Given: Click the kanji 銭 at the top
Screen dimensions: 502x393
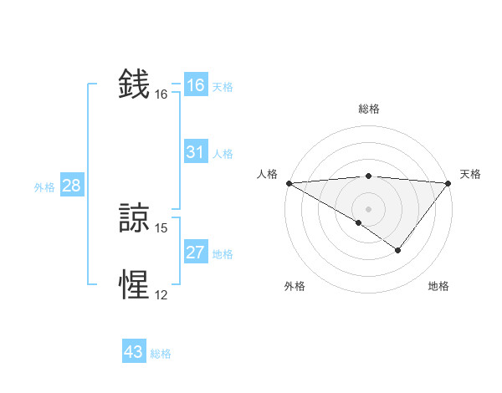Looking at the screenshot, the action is (135, 85).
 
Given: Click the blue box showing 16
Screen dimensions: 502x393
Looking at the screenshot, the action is (196, 85).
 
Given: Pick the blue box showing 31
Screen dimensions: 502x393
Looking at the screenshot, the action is (196, 152).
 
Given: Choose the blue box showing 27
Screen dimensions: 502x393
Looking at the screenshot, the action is (196, 253).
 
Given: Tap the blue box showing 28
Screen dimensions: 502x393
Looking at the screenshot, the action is (72, 186).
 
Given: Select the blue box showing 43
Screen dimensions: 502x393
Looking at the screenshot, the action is (134, 352).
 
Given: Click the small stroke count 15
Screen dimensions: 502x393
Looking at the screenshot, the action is (161, 228).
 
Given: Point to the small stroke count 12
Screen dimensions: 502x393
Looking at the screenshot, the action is (161, 295).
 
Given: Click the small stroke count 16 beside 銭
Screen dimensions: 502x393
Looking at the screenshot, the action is (161, 94).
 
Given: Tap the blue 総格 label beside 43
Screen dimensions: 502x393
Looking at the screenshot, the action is (161, 354).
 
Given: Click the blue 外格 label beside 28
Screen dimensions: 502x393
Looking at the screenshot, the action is (44, 187).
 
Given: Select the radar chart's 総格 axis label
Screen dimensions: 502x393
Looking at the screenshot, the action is (369, 109).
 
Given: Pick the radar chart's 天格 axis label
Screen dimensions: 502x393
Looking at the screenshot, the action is (471, 174).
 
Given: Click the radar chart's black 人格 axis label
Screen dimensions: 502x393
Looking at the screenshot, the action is (267, 174).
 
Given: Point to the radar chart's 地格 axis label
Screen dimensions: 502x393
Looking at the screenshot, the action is (438, 287).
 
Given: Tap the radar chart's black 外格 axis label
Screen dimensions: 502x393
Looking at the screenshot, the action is (295, 287).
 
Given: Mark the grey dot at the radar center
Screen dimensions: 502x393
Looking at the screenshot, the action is (369, 209).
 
